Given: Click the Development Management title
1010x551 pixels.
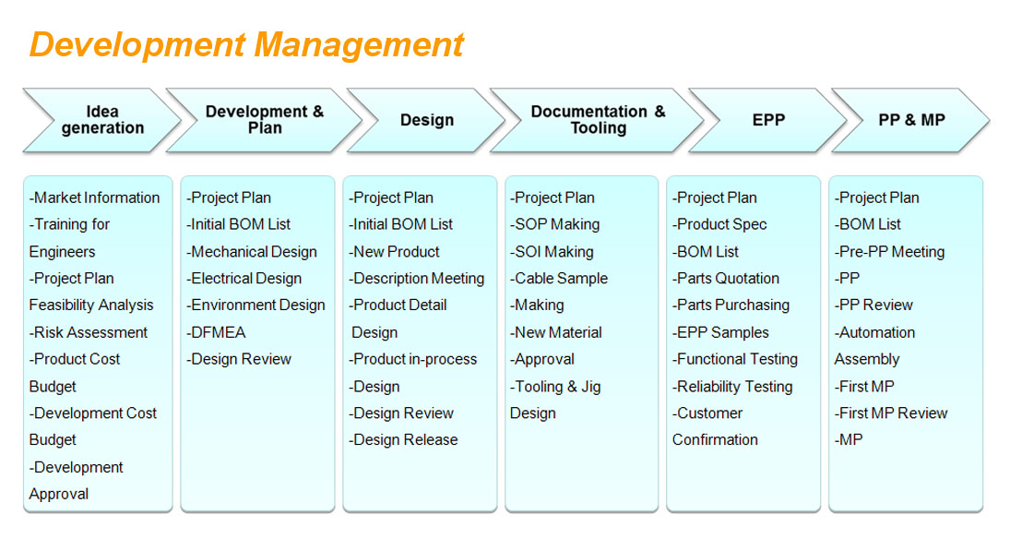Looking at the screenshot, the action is point(246,45).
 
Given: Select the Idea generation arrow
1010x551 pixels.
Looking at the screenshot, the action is point(101,120).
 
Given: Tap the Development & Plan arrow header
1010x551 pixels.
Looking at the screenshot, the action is point(264,120).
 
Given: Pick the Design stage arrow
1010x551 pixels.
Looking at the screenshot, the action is point(426,120).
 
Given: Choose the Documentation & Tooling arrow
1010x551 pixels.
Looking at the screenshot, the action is point(597,120).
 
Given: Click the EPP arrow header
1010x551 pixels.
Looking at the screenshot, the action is point(767,120).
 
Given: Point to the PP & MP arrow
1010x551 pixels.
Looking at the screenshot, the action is point(910,120).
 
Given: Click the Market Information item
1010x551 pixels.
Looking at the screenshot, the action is point(94,198).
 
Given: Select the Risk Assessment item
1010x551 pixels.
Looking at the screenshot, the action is point(89,332).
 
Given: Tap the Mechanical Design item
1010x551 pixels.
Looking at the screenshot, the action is point(252,252).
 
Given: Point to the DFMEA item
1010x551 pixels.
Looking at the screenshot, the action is point(216,332).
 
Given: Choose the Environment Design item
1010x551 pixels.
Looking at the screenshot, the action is point(255,305).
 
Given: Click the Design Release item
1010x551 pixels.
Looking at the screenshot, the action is point(403,440).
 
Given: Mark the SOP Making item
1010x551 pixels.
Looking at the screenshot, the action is point(554,225).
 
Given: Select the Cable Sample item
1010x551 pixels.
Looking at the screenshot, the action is point(558,279).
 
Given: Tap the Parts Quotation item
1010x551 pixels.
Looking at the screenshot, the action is point(726,279).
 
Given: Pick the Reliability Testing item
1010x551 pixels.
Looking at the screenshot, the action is point(732,387).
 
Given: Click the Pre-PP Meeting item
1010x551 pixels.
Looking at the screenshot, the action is point(889,252).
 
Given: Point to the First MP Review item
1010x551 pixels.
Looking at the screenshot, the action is point(891,413).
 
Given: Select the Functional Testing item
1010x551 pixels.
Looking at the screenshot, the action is point(735,360).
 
